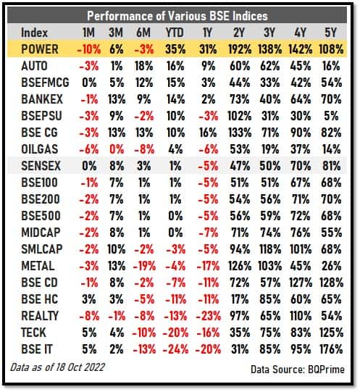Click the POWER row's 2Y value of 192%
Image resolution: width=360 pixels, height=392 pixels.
pos(240,49)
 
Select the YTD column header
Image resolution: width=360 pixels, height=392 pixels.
pos(175,33)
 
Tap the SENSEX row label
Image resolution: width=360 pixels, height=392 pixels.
pos(41,166)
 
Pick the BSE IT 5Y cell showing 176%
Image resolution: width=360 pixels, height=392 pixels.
pos(331,349)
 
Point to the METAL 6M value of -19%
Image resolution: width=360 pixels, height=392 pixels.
pos(144,266)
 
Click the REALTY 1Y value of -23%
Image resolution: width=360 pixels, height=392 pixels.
pos(209,316)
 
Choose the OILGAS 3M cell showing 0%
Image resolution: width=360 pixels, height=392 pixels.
pos(117,149)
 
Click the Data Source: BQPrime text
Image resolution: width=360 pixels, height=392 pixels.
pos(298,370)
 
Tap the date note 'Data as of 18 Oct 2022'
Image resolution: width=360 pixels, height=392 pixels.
pos(57,367)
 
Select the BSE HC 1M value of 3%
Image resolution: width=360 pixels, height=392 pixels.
pos(89,299)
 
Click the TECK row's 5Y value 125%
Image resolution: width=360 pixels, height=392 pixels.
pos(331,333)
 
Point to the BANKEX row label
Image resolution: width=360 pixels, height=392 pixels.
pos(42,99)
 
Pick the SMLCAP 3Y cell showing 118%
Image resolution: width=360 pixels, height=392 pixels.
pos(270,249)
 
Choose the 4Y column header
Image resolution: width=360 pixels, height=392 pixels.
pos(300,33)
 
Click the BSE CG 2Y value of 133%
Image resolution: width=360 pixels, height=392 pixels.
pos(240,133)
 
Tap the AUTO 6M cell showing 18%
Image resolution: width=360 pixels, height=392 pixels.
pos(144,66)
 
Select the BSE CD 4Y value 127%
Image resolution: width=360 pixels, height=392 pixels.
pos(301,283)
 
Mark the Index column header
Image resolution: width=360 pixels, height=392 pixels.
pos(34,33)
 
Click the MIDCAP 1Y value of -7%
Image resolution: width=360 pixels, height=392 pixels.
pos(209,233)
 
